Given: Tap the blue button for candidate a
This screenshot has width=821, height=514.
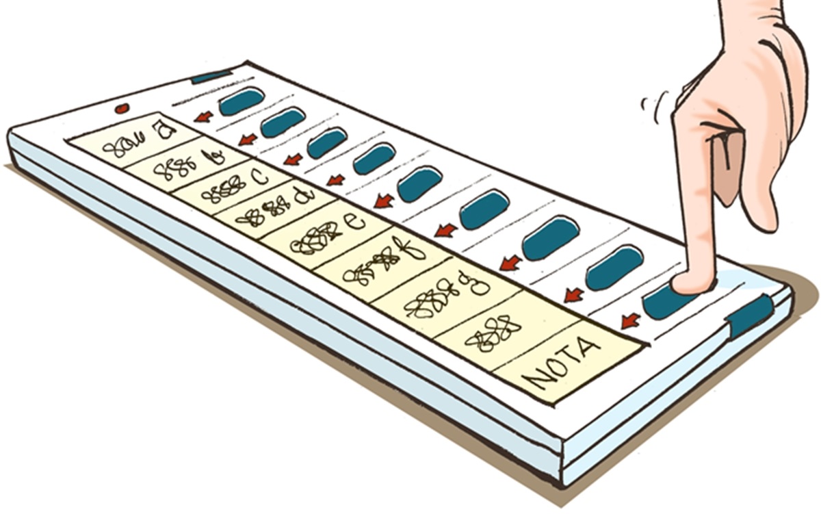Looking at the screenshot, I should click(242, 101).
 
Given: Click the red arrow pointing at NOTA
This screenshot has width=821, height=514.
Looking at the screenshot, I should click(630, 320).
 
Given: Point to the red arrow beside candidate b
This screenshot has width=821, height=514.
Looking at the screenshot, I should click(248, 139).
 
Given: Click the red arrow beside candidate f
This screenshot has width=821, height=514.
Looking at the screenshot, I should click(445, 230).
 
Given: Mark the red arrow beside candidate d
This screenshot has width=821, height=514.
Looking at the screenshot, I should click(335, 180).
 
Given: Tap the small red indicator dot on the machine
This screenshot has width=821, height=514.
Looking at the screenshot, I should click(122, 108).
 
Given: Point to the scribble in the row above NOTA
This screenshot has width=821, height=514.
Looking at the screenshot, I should click(492, 333).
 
